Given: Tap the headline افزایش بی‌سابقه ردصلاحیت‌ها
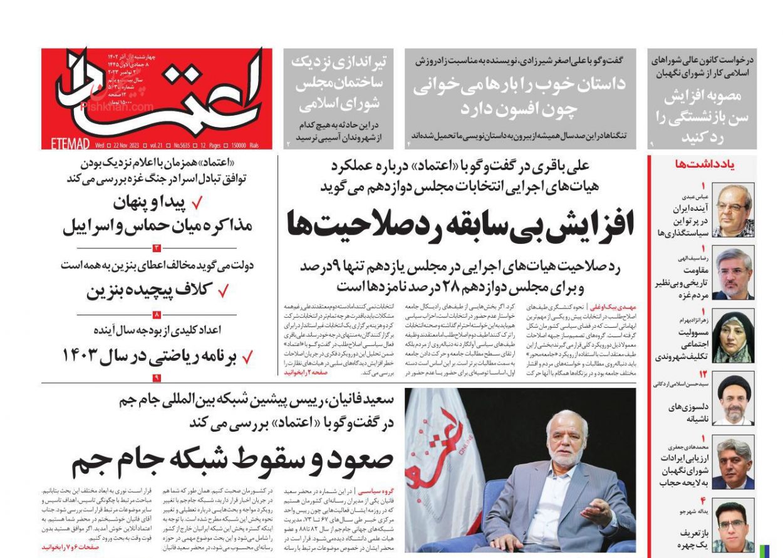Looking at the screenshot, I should click(460, 225).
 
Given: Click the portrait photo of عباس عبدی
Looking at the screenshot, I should click(733, 210).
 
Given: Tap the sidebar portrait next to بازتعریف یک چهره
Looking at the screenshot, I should click(733, 527).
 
